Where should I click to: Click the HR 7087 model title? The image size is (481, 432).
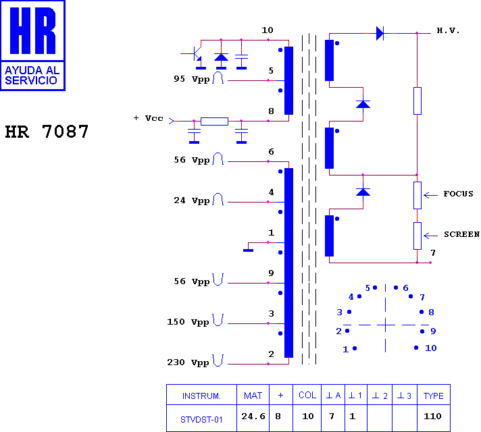[47, 132]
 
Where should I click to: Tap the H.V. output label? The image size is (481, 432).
[448, 30]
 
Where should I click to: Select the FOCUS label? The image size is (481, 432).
[458, 194]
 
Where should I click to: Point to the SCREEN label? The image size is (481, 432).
[461, 234]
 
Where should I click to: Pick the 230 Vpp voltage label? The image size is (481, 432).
[188, 362]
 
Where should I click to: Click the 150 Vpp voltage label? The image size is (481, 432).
[188, 322]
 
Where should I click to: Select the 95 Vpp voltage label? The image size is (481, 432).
[192, 79]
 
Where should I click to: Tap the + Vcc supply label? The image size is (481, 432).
[149, 118]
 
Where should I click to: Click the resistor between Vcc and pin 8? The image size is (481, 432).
[214, 122]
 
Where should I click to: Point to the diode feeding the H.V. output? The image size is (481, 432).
[380, 33]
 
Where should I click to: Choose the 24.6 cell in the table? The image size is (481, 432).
[253, 416]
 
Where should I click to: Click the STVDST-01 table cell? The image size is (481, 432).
[201, 419]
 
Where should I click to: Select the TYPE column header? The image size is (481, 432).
[434, 396]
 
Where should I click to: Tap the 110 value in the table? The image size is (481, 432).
[432, 416]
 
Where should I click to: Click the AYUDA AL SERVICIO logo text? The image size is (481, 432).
[32, 75]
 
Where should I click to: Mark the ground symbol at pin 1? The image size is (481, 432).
[248, 250]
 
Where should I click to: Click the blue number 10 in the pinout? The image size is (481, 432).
[431, 348]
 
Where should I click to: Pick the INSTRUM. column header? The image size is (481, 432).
[201, 396]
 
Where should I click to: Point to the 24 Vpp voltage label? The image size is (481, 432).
[192, 200]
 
